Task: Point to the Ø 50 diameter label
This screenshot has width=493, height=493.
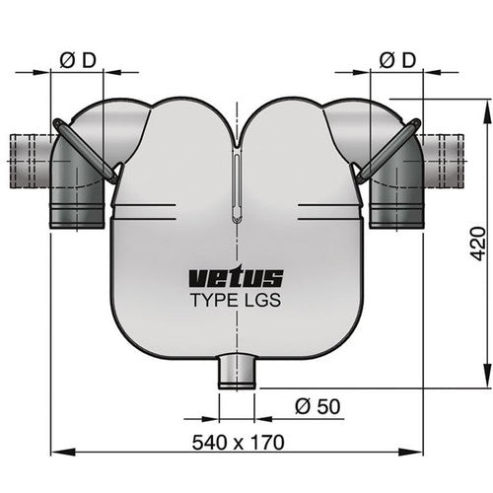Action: pyautogui.click(x=318, y=404)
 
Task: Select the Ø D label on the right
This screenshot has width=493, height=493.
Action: pyautogui.click(x=399, y=60)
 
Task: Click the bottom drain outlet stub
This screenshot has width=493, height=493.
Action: pyautogui.click(x=236, y=373)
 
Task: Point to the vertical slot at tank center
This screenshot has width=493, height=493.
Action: pyautogui.click(x=237, y=187)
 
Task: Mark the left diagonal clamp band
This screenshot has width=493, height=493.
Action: pyautogui.click(x=86, y=150)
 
